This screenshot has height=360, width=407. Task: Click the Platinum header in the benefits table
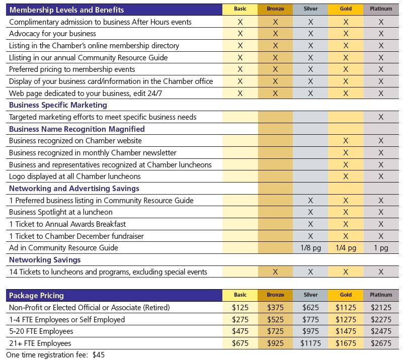(x=381, y=9)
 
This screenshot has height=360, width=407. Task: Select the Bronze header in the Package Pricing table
(x=275, y=295)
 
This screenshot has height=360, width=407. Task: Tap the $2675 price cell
(x=381, y=343)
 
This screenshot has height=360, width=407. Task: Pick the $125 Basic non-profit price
(x=240, y=308)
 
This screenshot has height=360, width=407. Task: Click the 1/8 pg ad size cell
(x=311, y=248)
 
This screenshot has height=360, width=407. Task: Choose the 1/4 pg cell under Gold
(x=346, y=248)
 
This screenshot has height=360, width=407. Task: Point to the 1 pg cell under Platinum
(x=381, y=248)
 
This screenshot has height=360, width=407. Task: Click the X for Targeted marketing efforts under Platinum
(x=381, y=117)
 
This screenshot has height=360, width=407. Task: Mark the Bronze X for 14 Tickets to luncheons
(x=275, y=272)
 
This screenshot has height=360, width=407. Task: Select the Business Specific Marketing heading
(x=58, y=105)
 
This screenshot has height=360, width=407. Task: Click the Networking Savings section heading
(x=45, y=260)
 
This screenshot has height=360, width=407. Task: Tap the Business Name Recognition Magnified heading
(x=77, y=129)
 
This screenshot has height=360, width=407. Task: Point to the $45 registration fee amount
(x=99, y=355)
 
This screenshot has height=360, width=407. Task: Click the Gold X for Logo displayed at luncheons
(x=346, y=176)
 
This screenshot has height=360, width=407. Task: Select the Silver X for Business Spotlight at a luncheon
(x=311, y=212)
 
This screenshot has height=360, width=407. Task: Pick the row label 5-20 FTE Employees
(x=41, y=331)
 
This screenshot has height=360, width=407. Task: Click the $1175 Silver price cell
(x=311, y=343)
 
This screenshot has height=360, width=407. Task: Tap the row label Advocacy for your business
(x=52, y=34)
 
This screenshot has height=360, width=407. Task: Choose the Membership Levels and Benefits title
(x=67, y=10)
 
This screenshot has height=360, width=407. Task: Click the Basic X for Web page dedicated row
(x=240, y=94)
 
